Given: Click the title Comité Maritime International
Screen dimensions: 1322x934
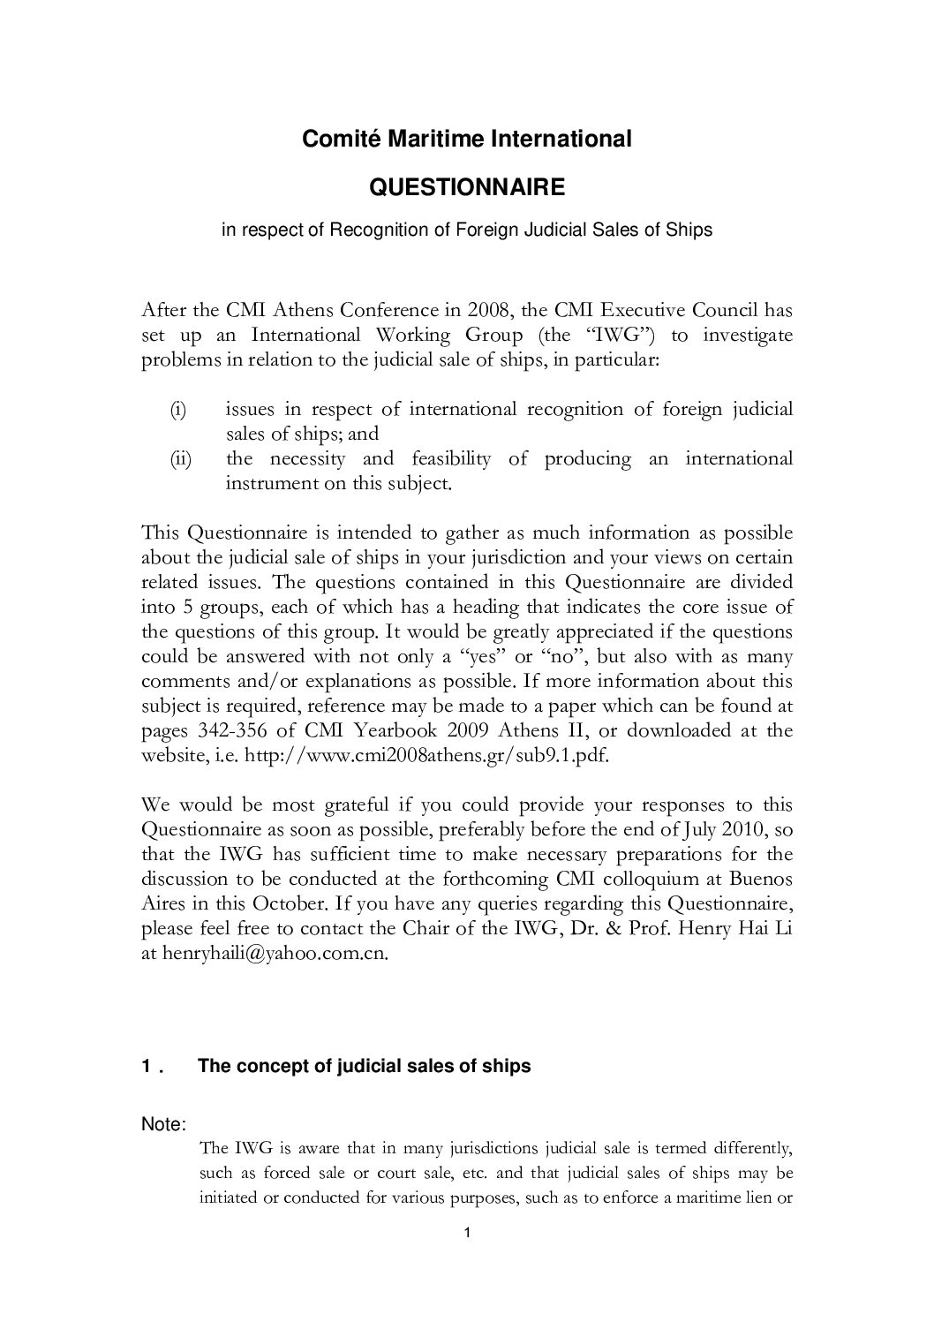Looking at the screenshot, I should click(x=467, y=139).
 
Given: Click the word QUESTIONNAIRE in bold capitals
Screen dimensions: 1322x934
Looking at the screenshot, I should click(x=466, y=188).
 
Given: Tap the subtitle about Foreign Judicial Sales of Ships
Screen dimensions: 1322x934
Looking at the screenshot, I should click(x=466, y=230).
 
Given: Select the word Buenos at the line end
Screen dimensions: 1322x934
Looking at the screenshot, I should click(x=762, y=879).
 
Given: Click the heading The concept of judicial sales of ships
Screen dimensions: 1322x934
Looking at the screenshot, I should click(x=365, y=1066).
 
